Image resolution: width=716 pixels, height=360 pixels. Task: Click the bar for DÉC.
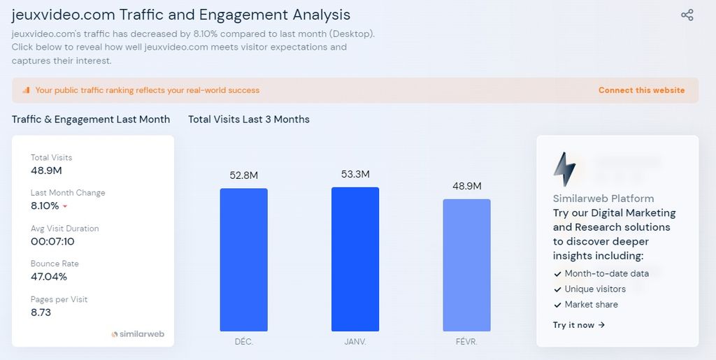coord(243,259)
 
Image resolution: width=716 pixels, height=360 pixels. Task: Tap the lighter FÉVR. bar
coord(466,265)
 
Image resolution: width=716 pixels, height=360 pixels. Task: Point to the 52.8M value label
coord(243,175)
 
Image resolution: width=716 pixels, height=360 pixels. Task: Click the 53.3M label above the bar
coord(355,174)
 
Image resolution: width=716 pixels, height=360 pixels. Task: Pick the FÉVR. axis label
coord(466,342)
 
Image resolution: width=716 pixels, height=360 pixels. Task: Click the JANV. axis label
coord(355,342)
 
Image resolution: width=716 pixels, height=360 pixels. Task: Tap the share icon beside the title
coord(687,15)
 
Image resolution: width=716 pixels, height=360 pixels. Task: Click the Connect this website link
coord(641,90)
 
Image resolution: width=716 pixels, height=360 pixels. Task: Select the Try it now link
coord(579,325)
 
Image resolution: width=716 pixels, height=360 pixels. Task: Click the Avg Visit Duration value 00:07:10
coord(52,241)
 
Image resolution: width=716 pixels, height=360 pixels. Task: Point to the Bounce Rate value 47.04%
coord(49,277)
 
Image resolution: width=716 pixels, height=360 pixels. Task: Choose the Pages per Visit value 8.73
coord(41,312)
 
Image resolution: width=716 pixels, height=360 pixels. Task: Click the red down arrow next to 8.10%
coord(65,207)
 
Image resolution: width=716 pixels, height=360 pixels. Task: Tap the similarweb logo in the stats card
coord(138,334)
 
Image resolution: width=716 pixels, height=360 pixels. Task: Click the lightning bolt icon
coord(564,169)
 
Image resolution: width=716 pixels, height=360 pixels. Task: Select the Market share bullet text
coord(591,304)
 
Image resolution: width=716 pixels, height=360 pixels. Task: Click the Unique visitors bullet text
coord(595,289)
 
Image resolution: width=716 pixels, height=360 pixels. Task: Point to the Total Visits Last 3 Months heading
coord(248,120)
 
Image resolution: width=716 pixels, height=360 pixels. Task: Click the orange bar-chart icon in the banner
coord(26,90)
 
